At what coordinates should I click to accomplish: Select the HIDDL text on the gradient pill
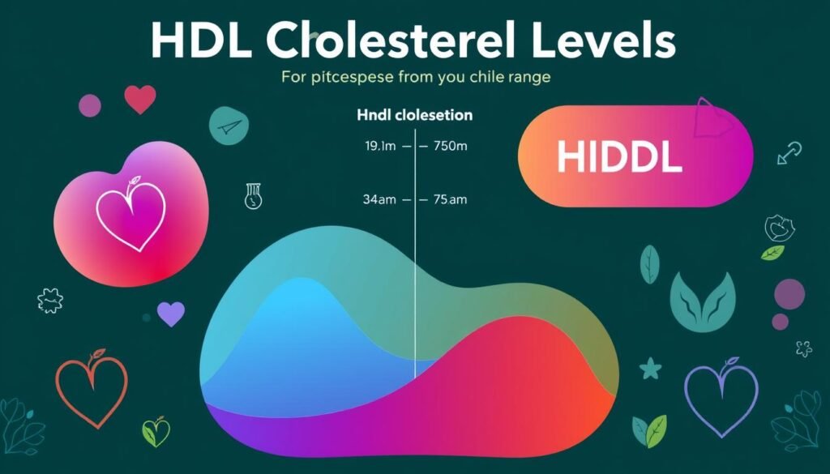point(619,158)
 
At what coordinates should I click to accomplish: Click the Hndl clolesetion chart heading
point(414,116)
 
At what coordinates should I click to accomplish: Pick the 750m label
point(451,147)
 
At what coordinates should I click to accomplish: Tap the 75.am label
point(451,199)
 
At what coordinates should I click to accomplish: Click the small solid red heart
point(140,99)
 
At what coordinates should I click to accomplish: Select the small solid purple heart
point(170,314)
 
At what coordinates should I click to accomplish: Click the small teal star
point(650,369)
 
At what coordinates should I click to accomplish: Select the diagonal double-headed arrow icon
point(788,152)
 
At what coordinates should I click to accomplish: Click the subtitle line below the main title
point(416,79)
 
